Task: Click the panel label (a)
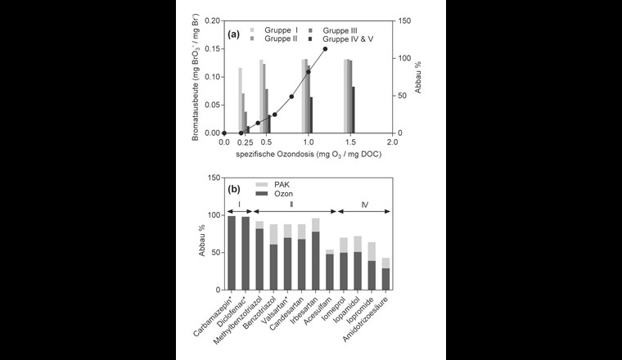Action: (x=233, y=34)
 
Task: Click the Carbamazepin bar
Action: (x=232, y=252)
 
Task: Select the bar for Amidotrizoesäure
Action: (x=385, y=274)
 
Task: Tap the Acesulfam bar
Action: (x=330, y=270)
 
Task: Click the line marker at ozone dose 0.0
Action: (x=223, y=133)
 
